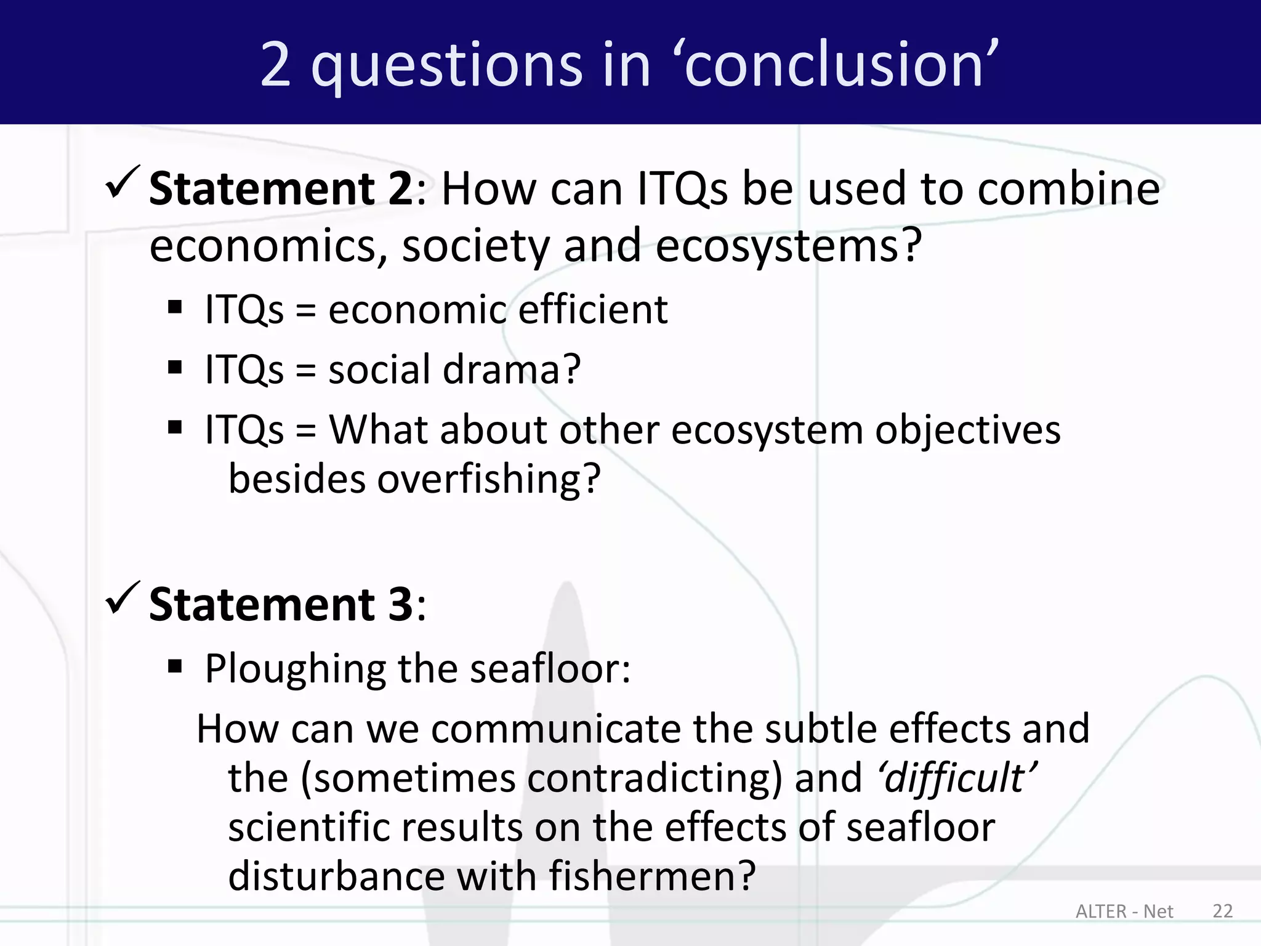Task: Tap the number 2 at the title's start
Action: pos(275,64)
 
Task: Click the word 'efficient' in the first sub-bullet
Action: pos(593,309)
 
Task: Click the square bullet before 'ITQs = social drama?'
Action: pos(175,368)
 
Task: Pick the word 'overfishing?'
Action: pos(488,479)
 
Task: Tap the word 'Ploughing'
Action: pos(296,669)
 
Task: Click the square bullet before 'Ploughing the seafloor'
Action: pos(175,666)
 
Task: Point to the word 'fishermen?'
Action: pos(652,876)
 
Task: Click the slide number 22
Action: pos(1222,911)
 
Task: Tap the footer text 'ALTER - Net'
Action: pos(1124,912)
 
